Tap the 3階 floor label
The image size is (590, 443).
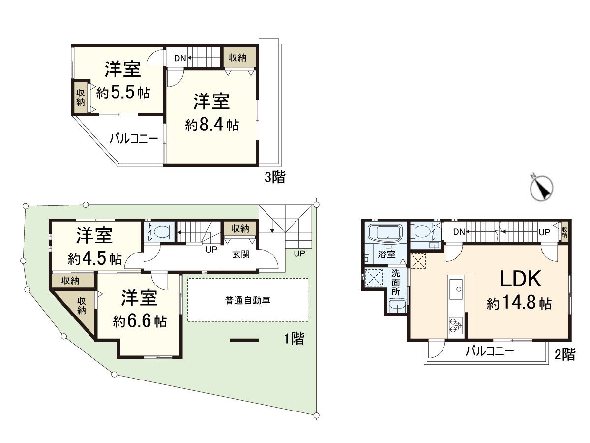(275, 177)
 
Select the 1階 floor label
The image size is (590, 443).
(294, 339)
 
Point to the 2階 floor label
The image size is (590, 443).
(565, 354)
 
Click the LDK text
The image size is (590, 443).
(520, 279)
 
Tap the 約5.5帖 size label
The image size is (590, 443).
(123, 93)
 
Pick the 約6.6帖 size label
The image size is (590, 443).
(139, 321)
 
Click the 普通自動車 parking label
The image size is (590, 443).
(248, 300)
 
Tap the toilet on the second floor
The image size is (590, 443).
(421, 231)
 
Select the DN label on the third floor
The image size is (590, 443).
(180, 58)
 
